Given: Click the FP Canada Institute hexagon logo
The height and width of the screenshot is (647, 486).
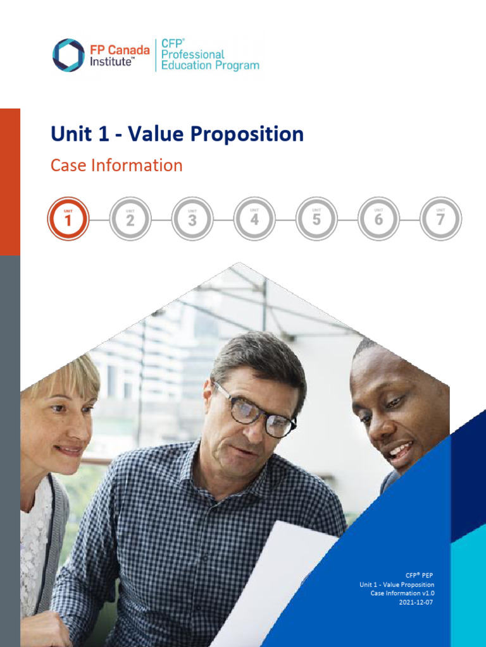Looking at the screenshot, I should click(x=68, y=55).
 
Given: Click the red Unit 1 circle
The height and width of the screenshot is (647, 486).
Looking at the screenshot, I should click(x=68, y=219).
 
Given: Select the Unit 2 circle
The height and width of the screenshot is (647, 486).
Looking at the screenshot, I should click(x=130, y=219).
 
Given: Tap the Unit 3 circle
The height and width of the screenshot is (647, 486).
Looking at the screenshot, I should click(x=192, y=219).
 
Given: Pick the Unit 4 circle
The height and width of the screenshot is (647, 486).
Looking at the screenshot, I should click(x=254, y=219).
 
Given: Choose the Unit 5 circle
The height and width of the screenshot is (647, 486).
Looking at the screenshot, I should click(x=316, y=219).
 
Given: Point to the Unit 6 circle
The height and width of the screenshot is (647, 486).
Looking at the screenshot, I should click(x=378, y=219).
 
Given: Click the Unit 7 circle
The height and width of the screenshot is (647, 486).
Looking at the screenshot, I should click(x=440, y=219).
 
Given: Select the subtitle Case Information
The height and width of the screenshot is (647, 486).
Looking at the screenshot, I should click(x=116, y=166).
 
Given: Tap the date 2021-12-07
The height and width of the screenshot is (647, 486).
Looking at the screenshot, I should click(x=416, y=602).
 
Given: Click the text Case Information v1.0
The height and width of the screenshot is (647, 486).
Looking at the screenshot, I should click(x=402, y=593).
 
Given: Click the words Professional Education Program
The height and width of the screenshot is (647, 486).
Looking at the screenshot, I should click(x=209, y=60).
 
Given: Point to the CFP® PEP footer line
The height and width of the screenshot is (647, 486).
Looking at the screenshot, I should click(x=420, y=576).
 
